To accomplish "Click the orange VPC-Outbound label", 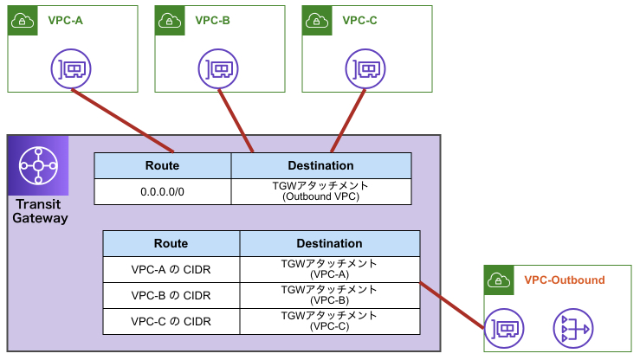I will (565, 280).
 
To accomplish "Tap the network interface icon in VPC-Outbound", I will (502, 329).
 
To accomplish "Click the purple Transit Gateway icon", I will (38, 165).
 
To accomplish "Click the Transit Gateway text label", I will (40, 211).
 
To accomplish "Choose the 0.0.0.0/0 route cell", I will (162, 191).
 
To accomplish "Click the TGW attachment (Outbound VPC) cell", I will (320, 191).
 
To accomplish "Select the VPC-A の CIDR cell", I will (171, 269).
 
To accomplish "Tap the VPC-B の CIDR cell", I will (171, 295).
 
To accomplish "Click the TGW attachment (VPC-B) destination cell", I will (329, 295).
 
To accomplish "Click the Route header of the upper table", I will (162, 165).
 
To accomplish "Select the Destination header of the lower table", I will (329, 243).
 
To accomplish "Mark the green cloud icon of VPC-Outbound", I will (498, 280).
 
